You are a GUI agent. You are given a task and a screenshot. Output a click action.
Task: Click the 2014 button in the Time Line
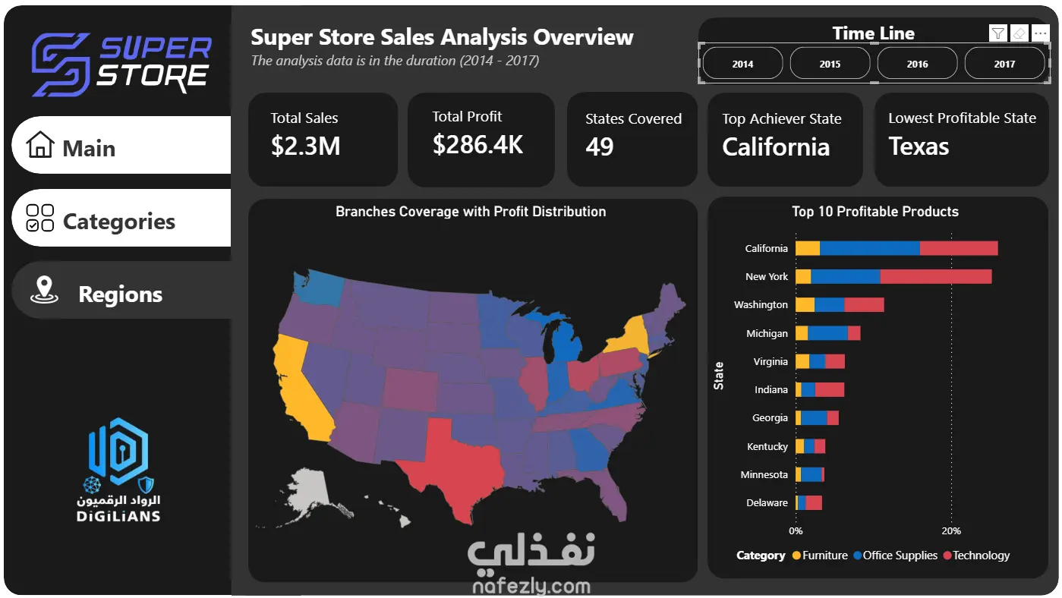pos(742,64)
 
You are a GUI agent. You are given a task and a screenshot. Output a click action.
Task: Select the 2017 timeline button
pos(1004,64)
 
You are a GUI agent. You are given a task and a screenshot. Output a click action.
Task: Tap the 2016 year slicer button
pos(918,64)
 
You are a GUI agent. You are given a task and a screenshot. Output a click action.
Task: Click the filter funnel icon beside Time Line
pos(998,33)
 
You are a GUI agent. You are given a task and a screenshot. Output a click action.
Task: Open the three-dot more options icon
pos(1040,33)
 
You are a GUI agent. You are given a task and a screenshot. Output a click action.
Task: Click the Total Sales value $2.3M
pos(306,146)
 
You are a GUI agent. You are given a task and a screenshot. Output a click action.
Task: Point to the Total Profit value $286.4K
pos(477,144)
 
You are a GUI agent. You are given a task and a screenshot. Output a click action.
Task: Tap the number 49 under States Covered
pos(599,146)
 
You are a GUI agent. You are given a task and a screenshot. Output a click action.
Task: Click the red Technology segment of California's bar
pos(959,248)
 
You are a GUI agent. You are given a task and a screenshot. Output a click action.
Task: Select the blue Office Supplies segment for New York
pos(846,277)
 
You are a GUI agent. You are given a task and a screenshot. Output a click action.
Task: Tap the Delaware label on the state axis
pos(767,502)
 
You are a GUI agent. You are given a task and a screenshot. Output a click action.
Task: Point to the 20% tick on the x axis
pos(951,530)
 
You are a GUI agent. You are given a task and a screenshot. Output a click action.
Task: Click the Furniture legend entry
pos(820,556)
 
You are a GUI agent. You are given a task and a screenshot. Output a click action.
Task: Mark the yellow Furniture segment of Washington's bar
pos(805,304)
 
